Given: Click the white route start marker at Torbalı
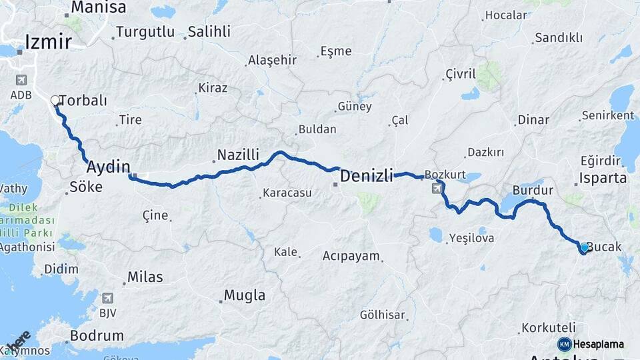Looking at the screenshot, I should pyautogui.click(x=55, y=101).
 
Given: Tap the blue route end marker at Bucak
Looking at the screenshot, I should pyautogui.click(x=585, y=247).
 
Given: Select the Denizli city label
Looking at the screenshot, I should pyautogui.click(x=367, y=176).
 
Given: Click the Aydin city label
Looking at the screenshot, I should pyautogui.click(x=108, y=167).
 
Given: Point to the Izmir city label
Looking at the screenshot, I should pyautogui.click(x=48, y=42).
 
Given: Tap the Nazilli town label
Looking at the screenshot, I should pyautogui.click(x=238, y=155).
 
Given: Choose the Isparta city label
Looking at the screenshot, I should pyautogui.click(x=603, y=178).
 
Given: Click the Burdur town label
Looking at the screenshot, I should pyautogui.click(x=533, y=190).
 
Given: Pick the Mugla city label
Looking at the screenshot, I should pyautogui.click(x=245, y=295).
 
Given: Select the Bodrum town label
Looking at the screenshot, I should pyautogui.click(x=97, y=335).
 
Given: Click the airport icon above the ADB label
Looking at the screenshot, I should pyautogui.click(x=20, y=80).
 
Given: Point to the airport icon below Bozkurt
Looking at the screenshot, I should pyautogui.click(x=436, y=189).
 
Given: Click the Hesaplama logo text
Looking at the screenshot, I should pyautogui.click(x=598, y=344).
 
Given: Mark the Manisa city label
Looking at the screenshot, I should pyautogui.click(x=98, y=8).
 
